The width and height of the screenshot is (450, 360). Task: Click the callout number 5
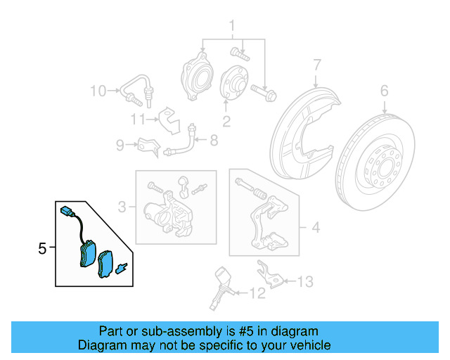point(41,248)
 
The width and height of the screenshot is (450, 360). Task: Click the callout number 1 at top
point(230,27)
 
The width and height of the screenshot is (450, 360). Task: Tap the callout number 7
point(316,65)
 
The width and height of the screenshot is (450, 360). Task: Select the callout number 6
point(384,90)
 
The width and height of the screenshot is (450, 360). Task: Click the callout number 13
point(304,282)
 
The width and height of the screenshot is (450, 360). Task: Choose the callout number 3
point(122,207)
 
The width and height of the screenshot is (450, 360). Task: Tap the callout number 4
point(315,227)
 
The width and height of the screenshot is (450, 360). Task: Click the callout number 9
point(121,146)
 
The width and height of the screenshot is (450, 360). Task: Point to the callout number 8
point(214,140)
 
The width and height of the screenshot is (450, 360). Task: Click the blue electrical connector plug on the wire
point(67,210)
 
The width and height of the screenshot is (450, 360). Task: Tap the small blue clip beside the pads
point(121,268)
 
